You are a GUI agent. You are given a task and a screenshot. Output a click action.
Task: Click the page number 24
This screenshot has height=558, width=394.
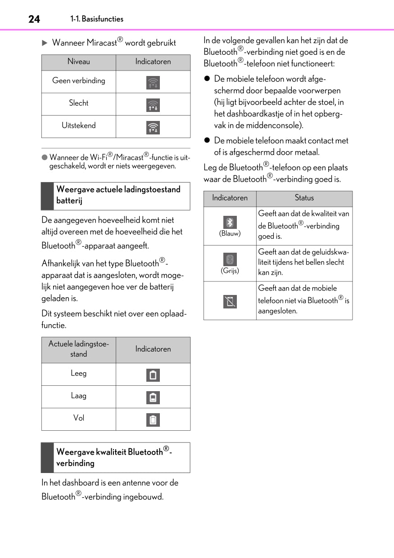click(34, 19)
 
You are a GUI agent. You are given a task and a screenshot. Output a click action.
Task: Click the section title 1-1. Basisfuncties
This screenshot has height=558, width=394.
click(97, 19)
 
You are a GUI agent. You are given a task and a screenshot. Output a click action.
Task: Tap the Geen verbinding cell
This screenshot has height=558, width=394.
click(79, 81)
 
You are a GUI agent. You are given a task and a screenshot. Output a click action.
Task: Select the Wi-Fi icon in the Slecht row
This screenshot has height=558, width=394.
click(153, 105)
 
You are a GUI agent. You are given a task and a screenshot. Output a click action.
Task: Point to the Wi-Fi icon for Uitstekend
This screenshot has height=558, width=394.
click(153, 128)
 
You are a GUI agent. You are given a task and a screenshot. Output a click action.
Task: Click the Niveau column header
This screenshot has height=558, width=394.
click(79, 62)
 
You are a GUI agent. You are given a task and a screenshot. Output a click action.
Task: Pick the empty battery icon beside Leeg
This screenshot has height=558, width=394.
click(153, 375)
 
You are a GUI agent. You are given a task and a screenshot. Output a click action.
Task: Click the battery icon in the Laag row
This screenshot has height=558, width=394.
click(153, 397)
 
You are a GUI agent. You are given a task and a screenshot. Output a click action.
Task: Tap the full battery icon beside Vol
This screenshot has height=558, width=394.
click(153, 420)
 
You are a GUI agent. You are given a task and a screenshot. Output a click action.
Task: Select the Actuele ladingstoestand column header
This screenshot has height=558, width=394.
click(79, 349)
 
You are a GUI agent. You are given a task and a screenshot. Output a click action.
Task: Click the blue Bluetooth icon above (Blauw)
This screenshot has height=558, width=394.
click(230, 223)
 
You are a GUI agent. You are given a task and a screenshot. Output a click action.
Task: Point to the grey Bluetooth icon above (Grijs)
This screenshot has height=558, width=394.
click(230, 259)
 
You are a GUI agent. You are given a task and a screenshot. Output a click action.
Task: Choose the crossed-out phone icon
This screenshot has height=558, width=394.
click(230, 301)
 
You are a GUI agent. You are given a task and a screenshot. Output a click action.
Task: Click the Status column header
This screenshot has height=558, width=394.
click(304, 198)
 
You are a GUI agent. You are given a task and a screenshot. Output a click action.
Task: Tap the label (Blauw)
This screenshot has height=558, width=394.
click(230, 233)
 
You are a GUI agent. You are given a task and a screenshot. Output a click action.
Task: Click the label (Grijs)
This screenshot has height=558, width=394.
click(230, 271)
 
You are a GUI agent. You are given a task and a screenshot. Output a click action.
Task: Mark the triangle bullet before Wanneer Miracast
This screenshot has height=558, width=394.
click(45, 43)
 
